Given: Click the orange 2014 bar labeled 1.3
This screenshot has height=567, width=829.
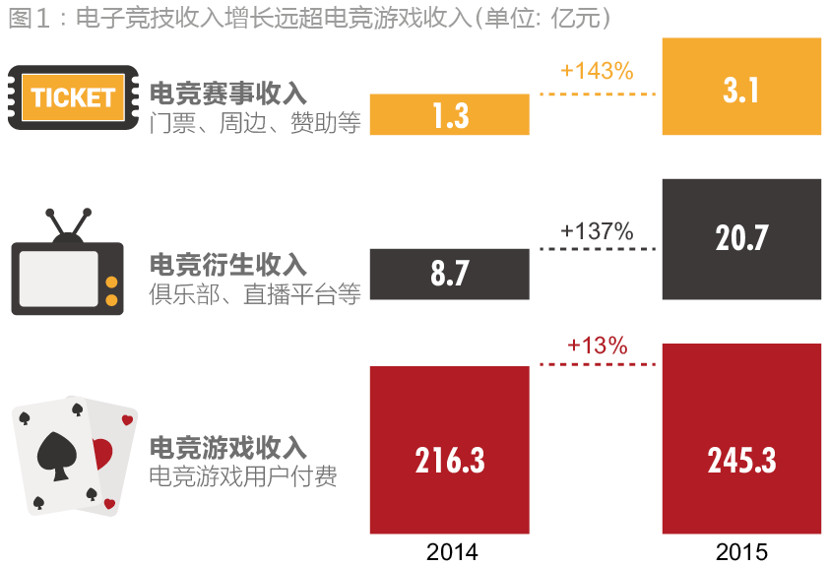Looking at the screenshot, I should pyautogui.click(x=449, y=114).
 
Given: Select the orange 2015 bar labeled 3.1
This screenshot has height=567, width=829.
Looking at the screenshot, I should pyautogui.click(x=740, y=87).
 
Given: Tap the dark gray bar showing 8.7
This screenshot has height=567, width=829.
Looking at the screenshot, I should pyautogui.click(x=449, y=273).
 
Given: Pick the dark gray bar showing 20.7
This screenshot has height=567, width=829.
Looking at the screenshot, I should pyautogui.click(x=740, y=238).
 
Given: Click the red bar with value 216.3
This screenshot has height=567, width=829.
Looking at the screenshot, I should pyautogui.click(x=449, y=449).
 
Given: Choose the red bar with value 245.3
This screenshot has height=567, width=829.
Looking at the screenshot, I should pyautogui.click(x=740, y=438).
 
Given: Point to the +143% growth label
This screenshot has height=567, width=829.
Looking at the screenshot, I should pyautogui.click(x=596, y=71).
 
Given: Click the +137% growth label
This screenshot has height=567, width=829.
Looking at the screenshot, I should pyautogui.click(x=596, y=231).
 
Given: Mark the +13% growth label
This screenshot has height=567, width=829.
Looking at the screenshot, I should pyautogui.click(x=597, y=346).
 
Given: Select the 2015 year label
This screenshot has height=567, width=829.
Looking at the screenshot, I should pyautogui.click(x=741, y=551).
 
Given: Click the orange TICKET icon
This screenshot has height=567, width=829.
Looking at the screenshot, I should pyautogui.click(x=73, y=97).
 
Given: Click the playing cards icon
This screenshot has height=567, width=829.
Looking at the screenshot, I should pyautogui.click(x=75, y=455).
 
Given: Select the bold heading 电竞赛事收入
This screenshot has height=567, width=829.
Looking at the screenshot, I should pyautogui.click(x=228, y=94).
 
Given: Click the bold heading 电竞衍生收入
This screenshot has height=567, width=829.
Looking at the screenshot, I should pyautogui.click(x=228, y=265).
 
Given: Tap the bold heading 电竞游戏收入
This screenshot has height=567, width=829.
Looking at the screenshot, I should pyautogui.click(x=228, y=448).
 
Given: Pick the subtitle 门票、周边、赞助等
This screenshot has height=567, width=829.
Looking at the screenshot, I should pyautogui.click(x=255, y=123).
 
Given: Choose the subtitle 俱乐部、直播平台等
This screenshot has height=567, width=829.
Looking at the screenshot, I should pyautogui.click(x=255, y=294).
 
